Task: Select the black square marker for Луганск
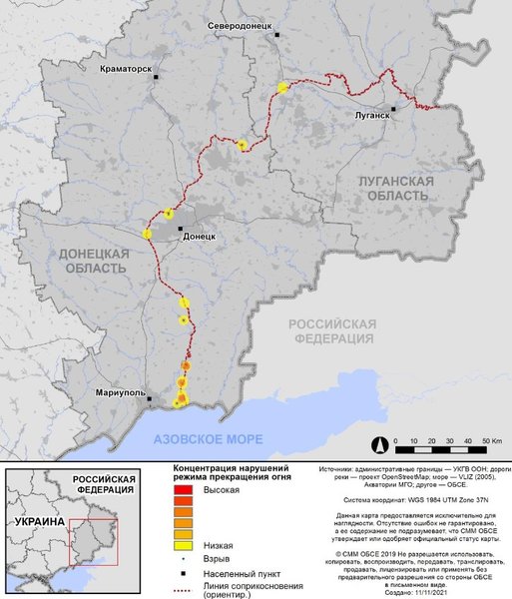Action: [394, 108]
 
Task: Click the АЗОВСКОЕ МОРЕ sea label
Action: [209, 439]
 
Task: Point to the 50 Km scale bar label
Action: [490, 440]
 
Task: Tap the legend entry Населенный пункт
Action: [244, 576]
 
